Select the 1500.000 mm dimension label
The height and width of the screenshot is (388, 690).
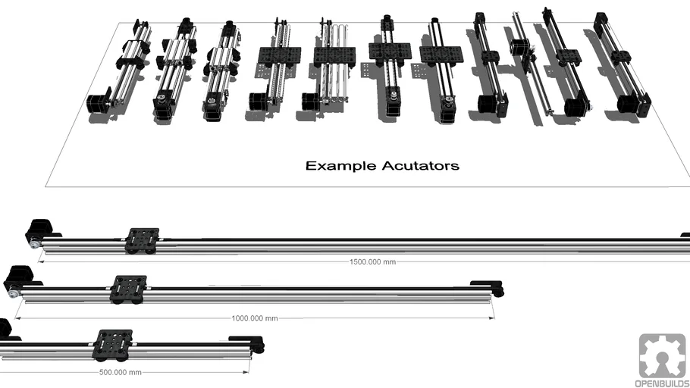coord(372,261)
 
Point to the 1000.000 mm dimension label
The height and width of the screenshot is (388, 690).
coord(255,318)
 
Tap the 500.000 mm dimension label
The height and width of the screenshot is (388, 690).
coord(120,372)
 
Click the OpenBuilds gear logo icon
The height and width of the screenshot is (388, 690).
coord(661,355)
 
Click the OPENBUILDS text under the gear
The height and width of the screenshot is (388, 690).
coord(661,383)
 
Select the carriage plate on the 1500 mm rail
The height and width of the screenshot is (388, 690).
coord(143,237)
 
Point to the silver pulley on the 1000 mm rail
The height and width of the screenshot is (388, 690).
coord(14,292)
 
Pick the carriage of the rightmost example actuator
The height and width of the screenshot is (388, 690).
coord(621,57)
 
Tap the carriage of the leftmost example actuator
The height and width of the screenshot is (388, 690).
coord(130,61)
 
